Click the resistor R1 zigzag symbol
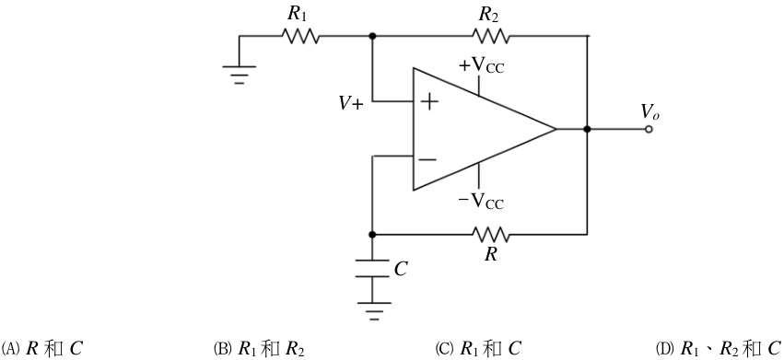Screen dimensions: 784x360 [300, 36]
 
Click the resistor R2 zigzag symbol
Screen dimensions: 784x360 [491, 36]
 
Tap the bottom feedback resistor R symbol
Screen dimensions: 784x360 [491, 234]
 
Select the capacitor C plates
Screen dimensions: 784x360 [372, 268]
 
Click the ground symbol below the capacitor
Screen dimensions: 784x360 [372, 311]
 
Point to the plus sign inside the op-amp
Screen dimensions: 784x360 [429, 102]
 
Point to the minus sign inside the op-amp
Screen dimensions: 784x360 [427, 159]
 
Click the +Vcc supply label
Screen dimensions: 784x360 [481, 66]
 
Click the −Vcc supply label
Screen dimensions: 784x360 [481, 201]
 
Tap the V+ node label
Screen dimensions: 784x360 [351, 103]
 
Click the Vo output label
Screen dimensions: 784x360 [650, 112]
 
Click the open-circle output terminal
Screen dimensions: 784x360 [649, 130]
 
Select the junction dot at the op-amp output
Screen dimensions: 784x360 [588, 129]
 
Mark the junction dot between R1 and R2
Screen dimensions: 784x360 [372, 36]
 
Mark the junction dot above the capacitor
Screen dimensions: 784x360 [372, 234]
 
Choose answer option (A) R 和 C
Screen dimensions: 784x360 [42, 349]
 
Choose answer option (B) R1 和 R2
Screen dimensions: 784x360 [259, 349]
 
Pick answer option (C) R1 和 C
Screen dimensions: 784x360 [478, 349]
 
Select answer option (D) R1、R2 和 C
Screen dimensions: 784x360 [719, 349]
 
